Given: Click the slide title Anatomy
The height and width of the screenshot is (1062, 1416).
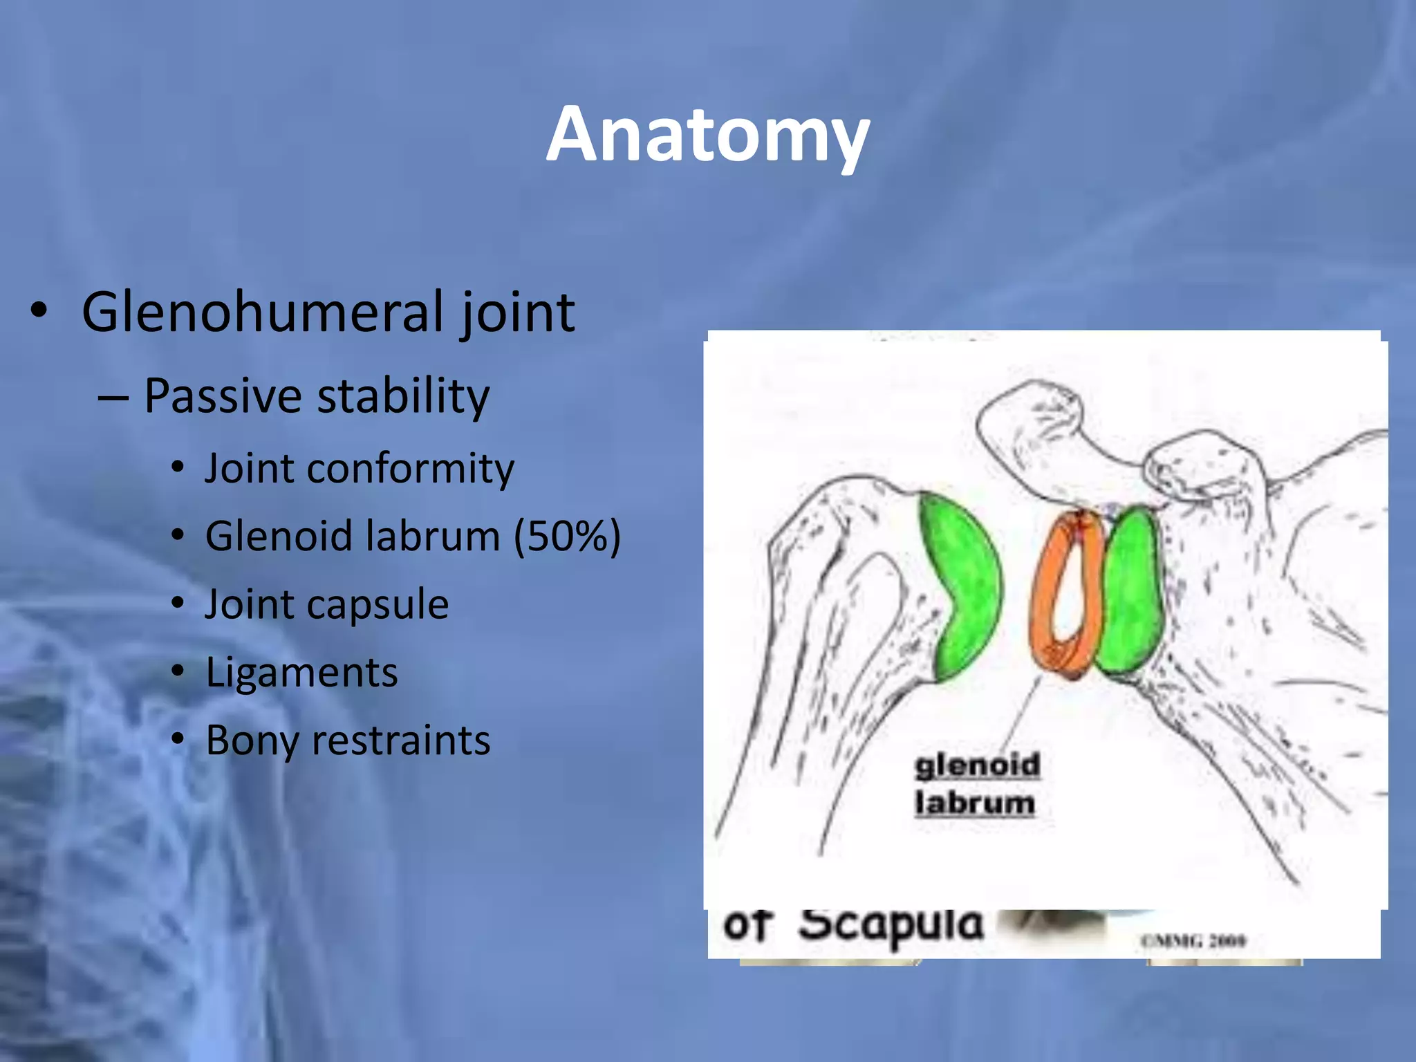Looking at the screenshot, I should [707, 136].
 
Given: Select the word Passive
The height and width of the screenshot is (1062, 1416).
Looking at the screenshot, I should [223, 396].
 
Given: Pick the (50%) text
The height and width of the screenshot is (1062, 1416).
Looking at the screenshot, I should [567, 537].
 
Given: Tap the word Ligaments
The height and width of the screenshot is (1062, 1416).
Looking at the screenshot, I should [301, 672].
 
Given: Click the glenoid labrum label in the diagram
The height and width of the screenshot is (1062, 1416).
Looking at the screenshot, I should [976, 785].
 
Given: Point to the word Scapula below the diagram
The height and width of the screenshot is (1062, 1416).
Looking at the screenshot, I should [891, 925].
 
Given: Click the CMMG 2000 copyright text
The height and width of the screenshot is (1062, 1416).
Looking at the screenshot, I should [1193, 940].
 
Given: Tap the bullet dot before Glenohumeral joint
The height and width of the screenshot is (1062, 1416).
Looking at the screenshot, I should [39, 310].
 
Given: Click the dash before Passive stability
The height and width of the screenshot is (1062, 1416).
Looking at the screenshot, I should [113, 399].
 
